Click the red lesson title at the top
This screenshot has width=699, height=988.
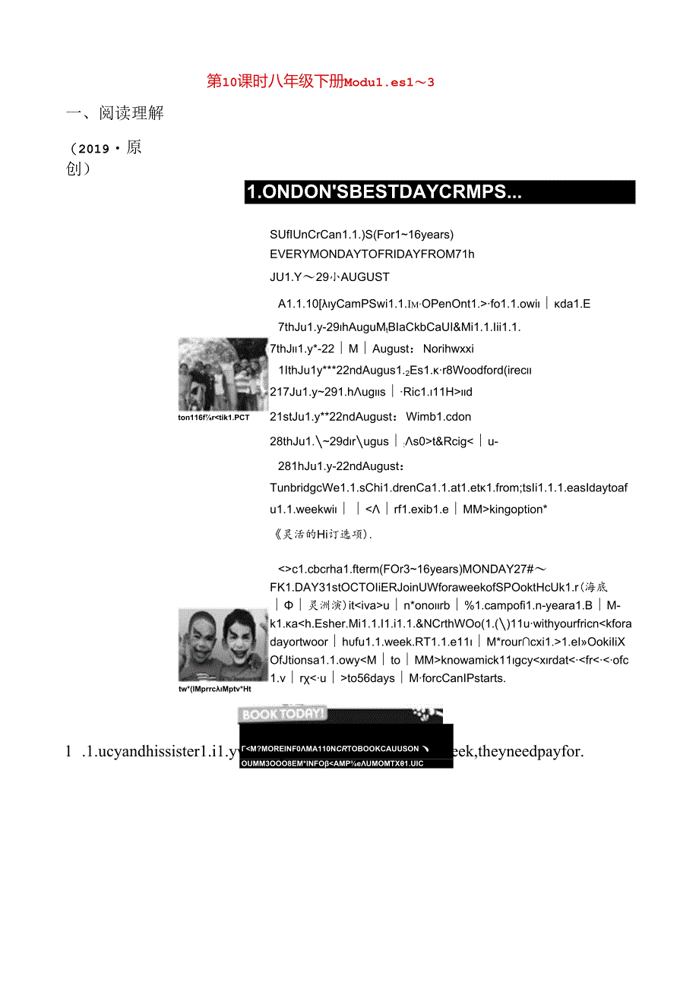(x=320, y=82)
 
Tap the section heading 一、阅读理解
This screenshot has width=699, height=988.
(x=115, y=114)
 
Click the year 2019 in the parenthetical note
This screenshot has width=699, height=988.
(x=94, y=149)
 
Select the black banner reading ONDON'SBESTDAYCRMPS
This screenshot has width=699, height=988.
(x=439, y=192)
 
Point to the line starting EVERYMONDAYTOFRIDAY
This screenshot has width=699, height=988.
(x=372, y=254)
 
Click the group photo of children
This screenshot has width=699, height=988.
(x=223, y=375)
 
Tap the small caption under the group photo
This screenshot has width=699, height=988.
(x=213, y=418)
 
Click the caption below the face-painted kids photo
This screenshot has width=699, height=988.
(x=214, y=688)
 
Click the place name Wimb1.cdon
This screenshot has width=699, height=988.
(x=438, y=416)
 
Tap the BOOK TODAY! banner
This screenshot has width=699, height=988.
(x=283, y=714)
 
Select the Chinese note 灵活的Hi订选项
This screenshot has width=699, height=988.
(x=322, y=534)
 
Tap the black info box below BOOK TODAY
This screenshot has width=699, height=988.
(x=346, y=747)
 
